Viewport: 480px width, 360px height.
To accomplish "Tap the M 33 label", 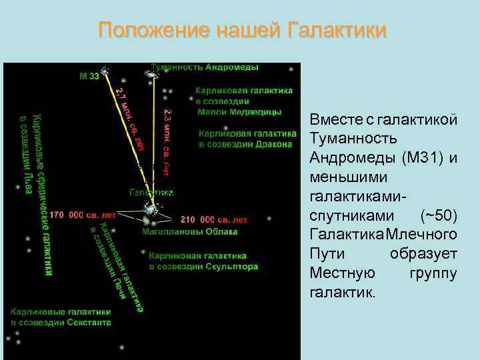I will (x=89, y=76).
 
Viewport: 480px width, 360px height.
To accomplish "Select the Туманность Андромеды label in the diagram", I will (x=205, y=67).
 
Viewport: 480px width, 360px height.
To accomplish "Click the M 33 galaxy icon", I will (x=105, y=71).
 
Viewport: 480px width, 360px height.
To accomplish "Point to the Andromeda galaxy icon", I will (x=153, y=75).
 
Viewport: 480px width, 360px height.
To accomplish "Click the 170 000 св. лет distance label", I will (x=83, y=215).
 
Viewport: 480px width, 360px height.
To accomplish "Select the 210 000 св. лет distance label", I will (x=213, y=219).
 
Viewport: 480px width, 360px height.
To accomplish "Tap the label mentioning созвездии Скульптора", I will (x=203, y=261).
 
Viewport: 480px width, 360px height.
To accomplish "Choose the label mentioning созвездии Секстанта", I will (x=61, y=317).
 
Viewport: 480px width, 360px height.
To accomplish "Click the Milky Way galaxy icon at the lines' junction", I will (x=151, y=209).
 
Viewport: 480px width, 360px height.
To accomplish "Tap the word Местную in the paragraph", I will (x=342, y=273).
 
